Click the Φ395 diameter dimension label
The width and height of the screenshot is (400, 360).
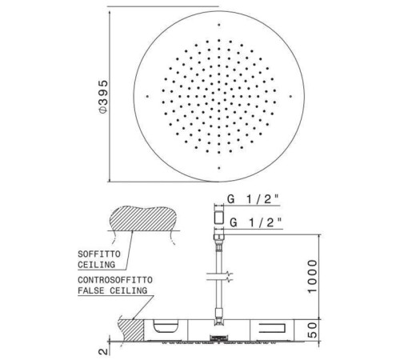[103, 96]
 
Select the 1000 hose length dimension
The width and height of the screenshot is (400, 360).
[313, 277]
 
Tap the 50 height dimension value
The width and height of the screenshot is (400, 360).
[313, 330]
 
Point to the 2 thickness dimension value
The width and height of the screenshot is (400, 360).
[104, 351]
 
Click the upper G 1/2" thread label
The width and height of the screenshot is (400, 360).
[253, 199]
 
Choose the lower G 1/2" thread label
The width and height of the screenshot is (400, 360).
[256, 222]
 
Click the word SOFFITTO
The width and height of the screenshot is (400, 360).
[99, 254]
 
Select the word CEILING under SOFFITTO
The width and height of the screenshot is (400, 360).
[96, 265]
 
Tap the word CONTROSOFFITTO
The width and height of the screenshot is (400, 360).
[115, 280]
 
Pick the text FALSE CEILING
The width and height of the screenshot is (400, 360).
[112, 290]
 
